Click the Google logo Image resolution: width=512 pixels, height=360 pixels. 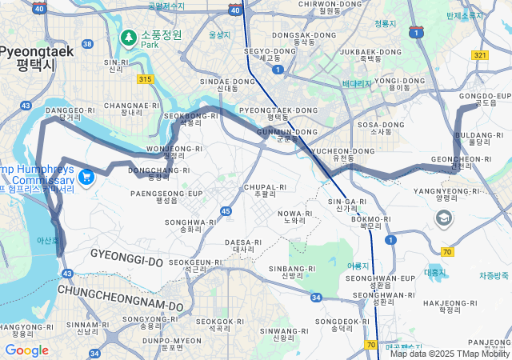tap(26, 350)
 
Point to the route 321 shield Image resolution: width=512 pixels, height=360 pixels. tap(479, 55)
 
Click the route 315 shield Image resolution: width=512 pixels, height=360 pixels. tap(145, 79)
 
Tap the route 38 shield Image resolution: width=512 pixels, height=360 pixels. tap(87, 44)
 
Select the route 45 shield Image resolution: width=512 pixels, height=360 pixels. tap(226, 211)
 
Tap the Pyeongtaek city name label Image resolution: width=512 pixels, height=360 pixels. tap(37, 58)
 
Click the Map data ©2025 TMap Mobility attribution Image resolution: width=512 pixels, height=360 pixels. tap(450, 354)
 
